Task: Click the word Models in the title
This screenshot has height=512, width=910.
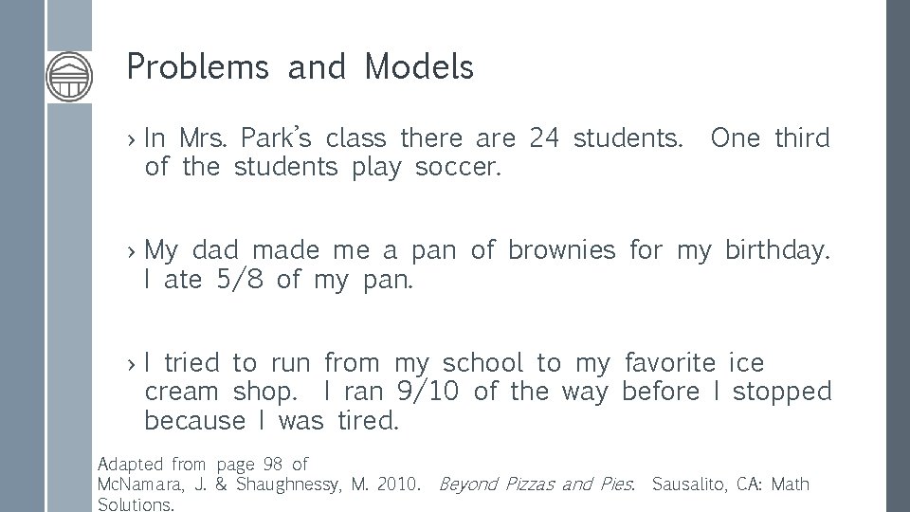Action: coord(418,67)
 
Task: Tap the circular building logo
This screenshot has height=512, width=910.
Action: coord(69,75)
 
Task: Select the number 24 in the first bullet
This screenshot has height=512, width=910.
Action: coord(544,139)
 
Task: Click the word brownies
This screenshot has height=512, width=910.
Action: coord(562,250)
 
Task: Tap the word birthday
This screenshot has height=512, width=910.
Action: coord(777,251)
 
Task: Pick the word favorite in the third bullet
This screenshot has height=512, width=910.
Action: coord(670,362)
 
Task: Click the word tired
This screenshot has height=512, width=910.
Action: coord(368,420)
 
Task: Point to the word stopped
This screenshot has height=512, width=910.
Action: coord(782,392)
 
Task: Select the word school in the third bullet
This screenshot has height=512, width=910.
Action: coord(482,362)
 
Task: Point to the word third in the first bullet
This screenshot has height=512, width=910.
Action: coord(802,139)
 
